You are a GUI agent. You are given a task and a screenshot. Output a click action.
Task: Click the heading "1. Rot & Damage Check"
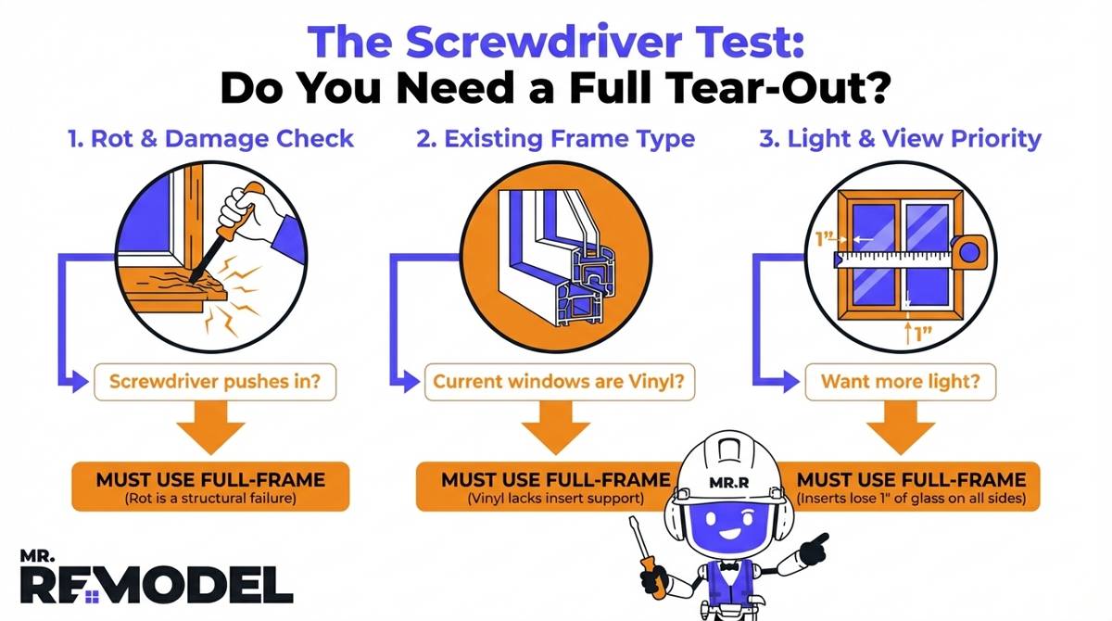[x=210, y=139]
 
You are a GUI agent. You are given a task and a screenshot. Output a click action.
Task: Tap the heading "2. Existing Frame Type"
[x=556, y=139]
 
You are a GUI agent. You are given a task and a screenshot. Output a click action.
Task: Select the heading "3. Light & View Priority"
[x=901, y=139]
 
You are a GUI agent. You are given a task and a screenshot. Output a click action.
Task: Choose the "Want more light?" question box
[x=901, y=381]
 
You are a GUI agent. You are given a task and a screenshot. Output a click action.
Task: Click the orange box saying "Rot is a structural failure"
[x=210, y=486]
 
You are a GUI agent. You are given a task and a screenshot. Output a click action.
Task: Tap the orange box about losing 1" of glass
[x=913, y=486]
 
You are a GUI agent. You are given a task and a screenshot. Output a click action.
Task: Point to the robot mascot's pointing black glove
[x=815, y=548]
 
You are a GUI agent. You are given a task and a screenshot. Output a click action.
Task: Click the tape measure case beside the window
[x=969, y=250]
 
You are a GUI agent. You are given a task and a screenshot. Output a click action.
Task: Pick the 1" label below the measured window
[x=918, y=332]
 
